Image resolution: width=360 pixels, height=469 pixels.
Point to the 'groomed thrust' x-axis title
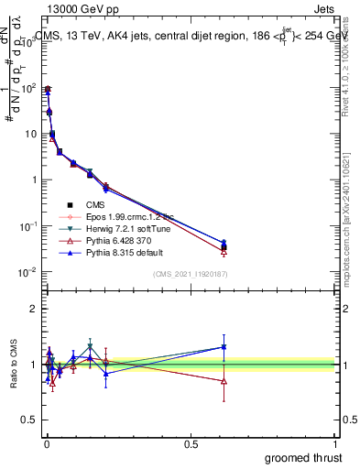coord(304,457)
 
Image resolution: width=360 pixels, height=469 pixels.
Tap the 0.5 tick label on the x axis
coord(191,442)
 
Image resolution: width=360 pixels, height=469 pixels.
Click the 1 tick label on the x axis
coord(336,442)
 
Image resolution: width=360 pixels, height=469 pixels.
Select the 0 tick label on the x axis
coord(47,442)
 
